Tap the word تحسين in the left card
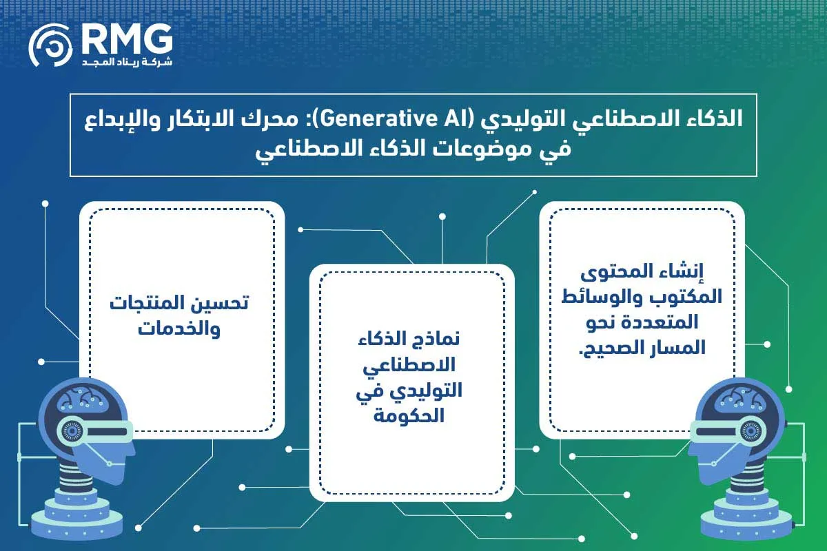coord(223,303)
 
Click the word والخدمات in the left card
coord(178,328)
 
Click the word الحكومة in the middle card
coord(411,415)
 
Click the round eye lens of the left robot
coord(69,430)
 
